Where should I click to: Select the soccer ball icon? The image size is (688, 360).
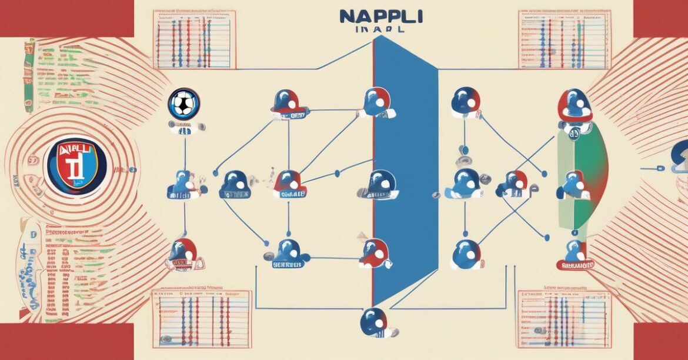click(183, 104)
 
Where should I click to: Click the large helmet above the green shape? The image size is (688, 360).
click(575, 106)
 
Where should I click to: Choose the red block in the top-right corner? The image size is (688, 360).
click(660, 18)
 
